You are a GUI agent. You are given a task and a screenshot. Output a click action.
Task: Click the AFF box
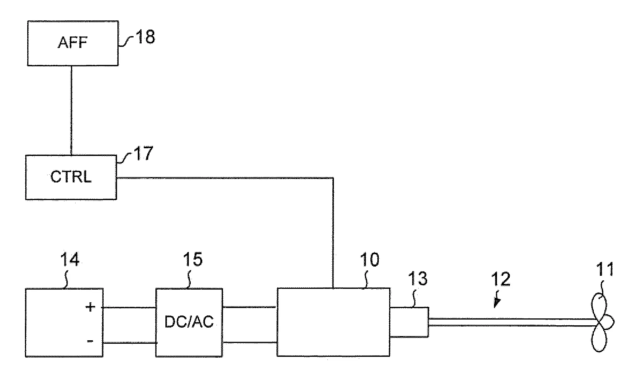pos(73,43)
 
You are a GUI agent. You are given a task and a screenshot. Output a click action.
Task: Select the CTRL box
pos(71,177)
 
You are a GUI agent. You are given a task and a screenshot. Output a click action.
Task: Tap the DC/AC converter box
pos(189,323)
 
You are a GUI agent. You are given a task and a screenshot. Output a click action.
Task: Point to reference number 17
pos(143,154)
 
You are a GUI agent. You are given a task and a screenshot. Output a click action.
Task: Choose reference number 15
pos(193,260)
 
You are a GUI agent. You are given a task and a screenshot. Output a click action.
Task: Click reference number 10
pos(369,260)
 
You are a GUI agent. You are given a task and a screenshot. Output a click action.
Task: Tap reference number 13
pos(418,279)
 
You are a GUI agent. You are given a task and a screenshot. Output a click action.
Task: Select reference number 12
pos(500,279)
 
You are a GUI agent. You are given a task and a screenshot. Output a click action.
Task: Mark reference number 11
pos(604,270)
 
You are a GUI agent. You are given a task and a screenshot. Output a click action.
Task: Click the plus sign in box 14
pos(91,307)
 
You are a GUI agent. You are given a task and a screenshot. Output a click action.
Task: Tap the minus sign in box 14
pos(90,341)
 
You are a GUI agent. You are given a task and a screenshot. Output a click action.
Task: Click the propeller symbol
pos(602,323)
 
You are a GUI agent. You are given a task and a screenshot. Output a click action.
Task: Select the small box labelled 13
pos(409,322)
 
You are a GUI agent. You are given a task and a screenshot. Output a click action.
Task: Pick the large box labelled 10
pos(333,322)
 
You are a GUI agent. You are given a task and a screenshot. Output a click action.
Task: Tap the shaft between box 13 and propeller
pos(510,322)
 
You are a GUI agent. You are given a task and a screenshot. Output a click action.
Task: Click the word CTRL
pos(71,177)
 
